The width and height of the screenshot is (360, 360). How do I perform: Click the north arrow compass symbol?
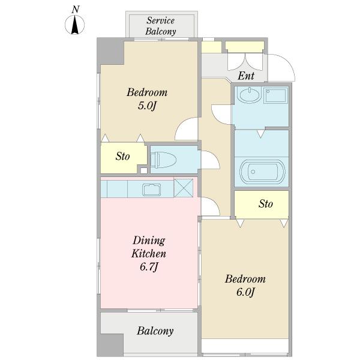pyautogui.click(x=74, y=25)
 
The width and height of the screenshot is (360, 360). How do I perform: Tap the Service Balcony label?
pyautogui.click(x=161, y=26)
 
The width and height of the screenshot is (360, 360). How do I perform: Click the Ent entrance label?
pyautogui.click(x=246, y=76)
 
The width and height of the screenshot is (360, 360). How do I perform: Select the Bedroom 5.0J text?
pyautogui.click(x=147, y=99)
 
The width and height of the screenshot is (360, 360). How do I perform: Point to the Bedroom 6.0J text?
pyautogui.click(x=245, y=286)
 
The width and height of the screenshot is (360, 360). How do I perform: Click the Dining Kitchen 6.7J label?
pyautogui.click(x=149, y=253)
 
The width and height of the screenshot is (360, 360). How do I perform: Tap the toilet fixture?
pyautogui.click(x=163, y=160)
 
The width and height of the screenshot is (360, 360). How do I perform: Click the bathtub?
pyautogui.click(x=262, y=172)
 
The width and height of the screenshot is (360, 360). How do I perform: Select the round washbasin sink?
pyautogui.click(x=248, y=95)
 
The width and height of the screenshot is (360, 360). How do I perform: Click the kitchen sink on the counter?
pyautogui.click(x=152, y=190)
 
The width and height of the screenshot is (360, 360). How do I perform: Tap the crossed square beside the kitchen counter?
pyautogui.click(x=183, y=188)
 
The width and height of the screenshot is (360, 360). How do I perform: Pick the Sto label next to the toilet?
pyautogui.click(x=122, y=157)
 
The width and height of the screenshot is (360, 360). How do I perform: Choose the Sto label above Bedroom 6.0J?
pyautogui.click(x=266, y=203)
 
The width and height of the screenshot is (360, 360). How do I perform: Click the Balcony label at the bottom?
pyautogui.click(x=155, y=331)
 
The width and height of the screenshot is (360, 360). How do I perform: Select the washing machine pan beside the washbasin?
pyautogui.click(x=276, y=95)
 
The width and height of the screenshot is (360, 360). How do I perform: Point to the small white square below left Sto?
pyautogui.click(x=144, y=170)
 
